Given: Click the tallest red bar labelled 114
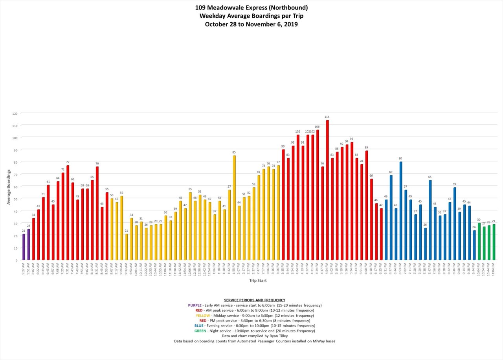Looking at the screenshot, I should tap(327, 190).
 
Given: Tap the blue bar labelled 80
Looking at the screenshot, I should tap(401, 211).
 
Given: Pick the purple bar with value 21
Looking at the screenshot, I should tap(24, 247).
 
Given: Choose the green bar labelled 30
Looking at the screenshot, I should tap(479, 241).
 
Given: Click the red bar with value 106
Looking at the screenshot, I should tap(318, 195).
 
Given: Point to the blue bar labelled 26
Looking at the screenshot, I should tap(425, 244).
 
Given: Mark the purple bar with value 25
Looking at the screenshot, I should tap(28, 245).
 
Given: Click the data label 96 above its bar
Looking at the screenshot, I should tap(351, 139).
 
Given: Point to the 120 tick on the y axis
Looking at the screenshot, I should tap(15, 113).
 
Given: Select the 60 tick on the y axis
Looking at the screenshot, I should tap(16, 186).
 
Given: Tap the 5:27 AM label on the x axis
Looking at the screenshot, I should tap(24, 269).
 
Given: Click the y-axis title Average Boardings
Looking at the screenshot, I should tap(8, 186).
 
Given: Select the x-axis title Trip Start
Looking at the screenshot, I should tap(258, 280).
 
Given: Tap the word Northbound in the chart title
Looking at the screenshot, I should tap(289, 7).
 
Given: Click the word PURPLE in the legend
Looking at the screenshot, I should tap(195, 305).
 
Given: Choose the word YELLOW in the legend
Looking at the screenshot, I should tap(203, 315).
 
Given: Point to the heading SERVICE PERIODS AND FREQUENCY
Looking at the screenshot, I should tap(254, 300).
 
